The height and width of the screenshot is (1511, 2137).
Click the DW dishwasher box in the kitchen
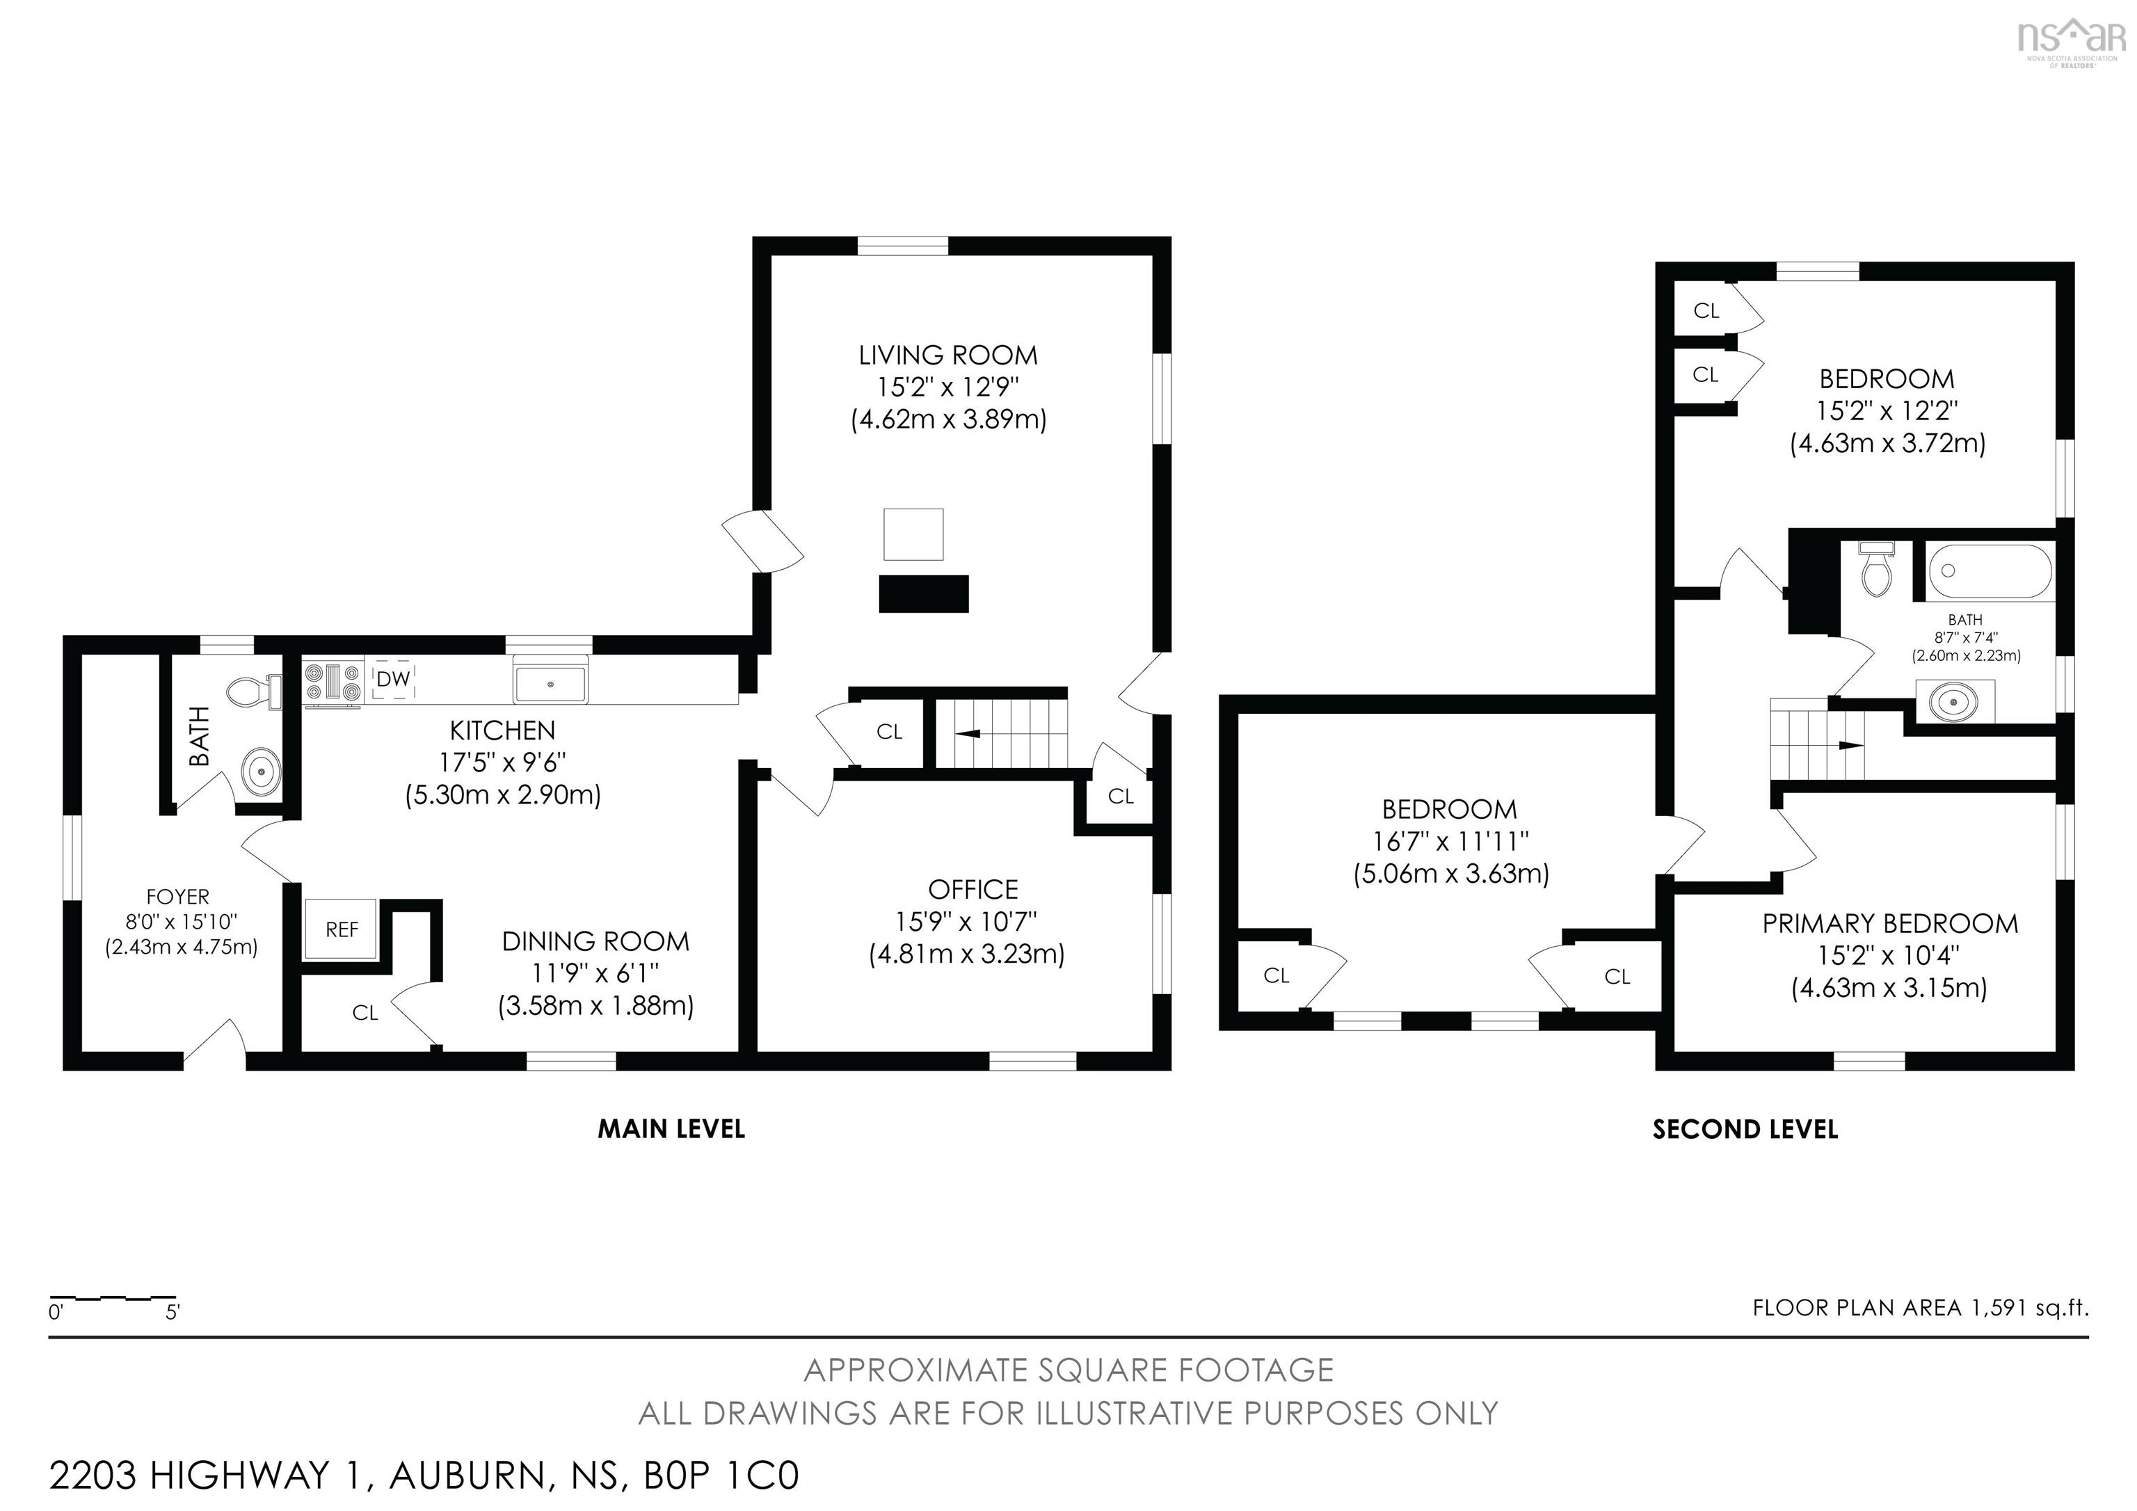point(393,680)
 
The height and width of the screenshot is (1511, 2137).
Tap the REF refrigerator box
point(342,929)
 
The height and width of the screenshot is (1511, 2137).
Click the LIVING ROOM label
point(947,355)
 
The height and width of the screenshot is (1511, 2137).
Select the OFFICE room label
point(973,889)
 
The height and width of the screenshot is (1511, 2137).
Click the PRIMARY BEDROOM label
point(1890,925)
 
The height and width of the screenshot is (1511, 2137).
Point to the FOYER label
point(178,897)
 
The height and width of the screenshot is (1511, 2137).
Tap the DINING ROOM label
point(595,941)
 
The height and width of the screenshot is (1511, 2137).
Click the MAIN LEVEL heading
point(671,1129)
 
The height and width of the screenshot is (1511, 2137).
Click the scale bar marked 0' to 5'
point(113,1299)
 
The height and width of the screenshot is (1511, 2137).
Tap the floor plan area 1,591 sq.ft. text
point(1920,1308)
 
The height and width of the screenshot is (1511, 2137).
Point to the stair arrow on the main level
point(968,734)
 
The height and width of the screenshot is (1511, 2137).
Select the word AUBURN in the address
point(467,1475)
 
